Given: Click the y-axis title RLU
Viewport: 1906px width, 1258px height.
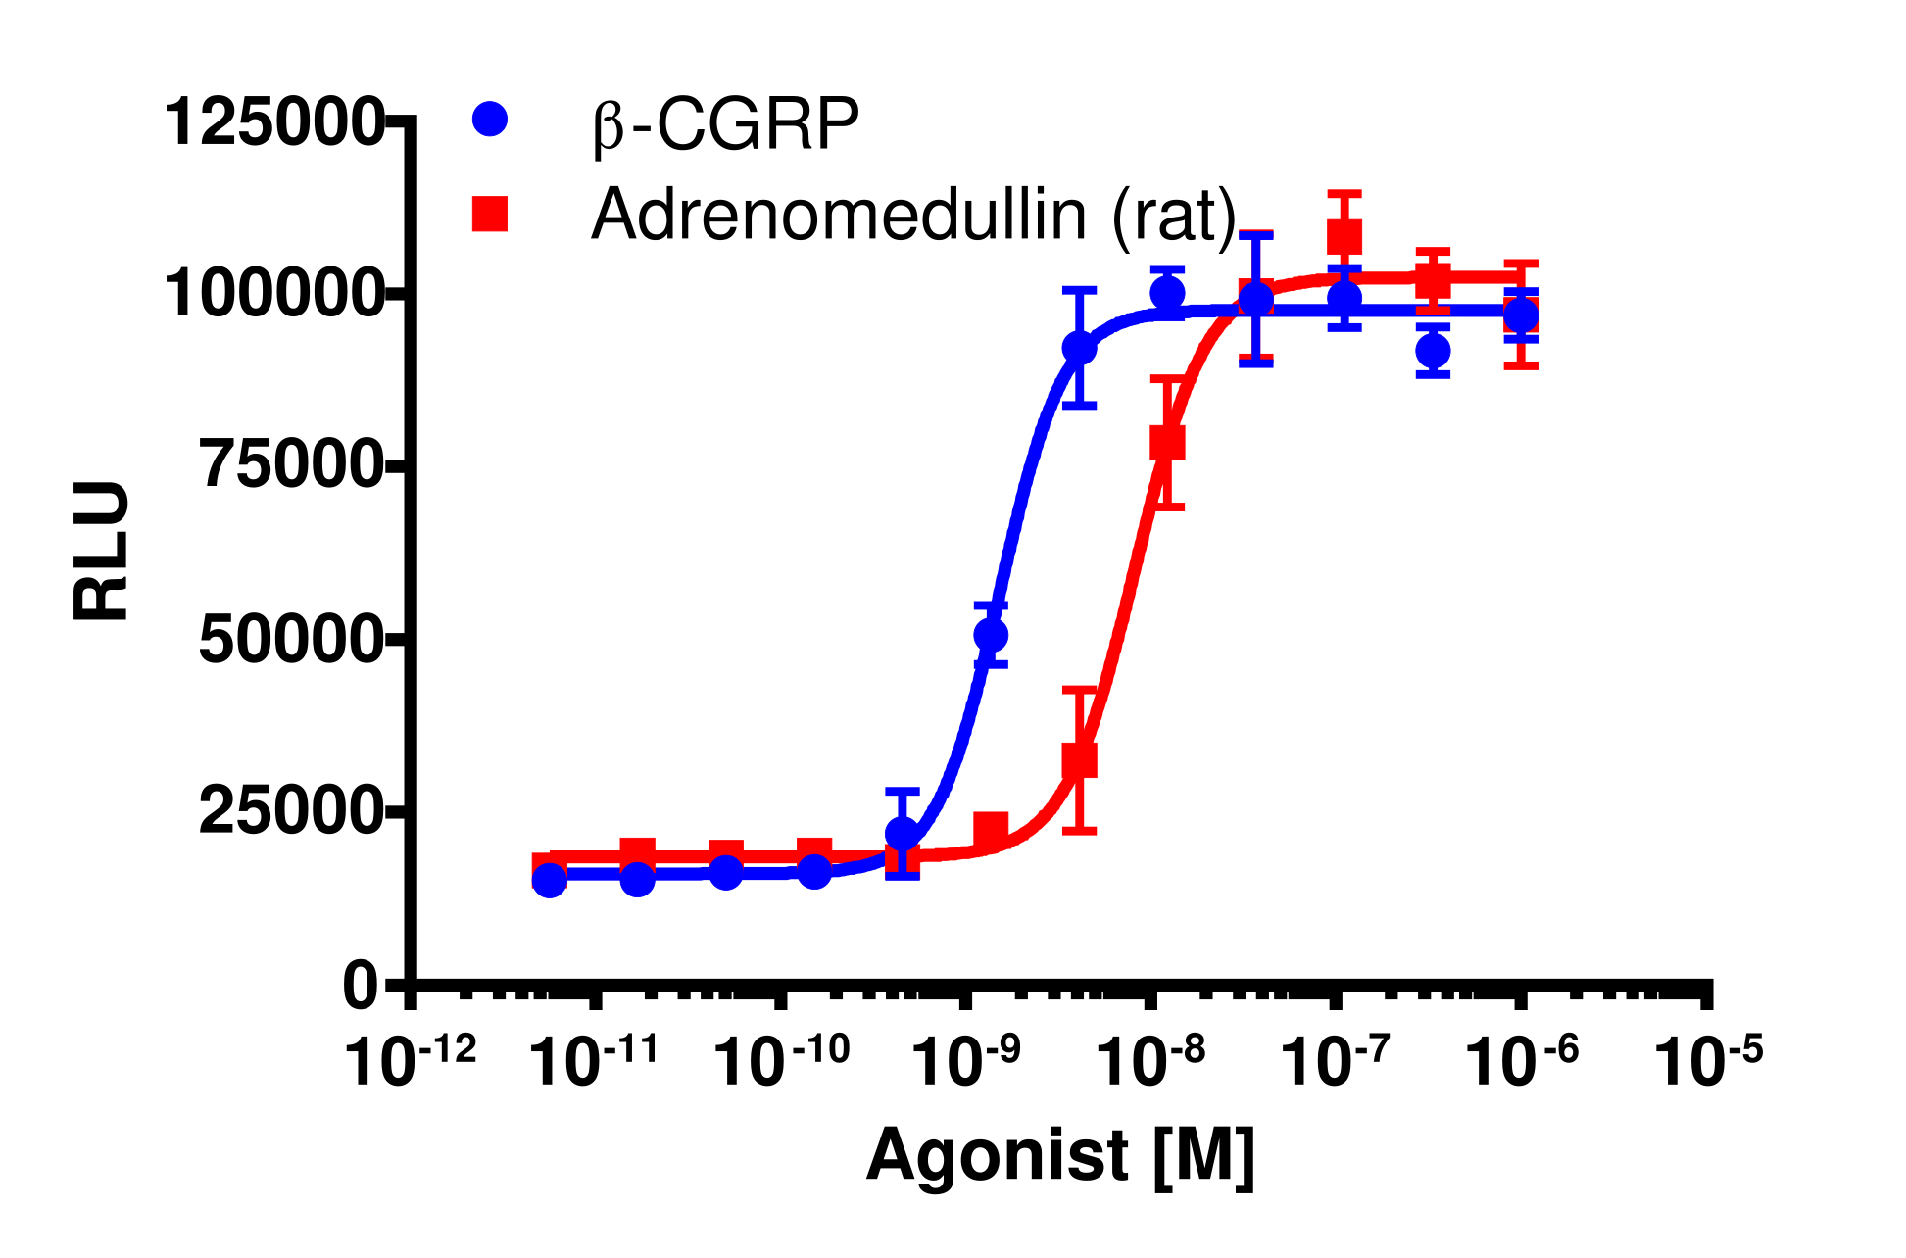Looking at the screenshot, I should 101,551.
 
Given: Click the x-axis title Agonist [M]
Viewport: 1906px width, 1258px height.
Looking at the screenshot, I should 1060,1157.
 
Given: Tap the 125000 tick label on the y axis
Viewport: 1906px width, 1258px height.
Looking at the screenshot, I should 273,123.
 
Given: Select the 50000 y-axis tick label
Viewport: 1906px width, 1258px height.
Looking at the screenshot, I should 290,640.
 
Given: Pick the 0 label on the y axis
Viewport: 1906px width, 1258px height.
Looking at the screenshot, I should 361,986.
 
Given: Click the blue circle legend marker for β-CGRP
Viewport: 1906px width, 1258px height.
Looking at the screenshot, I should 490,120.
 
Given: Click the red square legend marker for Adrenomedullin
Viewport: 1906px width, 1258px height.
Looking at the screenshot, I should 490,213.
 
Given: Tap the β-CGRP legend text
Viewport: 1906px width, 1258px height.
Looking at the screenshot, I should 725,125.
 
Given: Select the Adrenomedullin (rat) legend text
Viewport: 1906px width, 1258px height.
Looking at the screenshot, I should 913,215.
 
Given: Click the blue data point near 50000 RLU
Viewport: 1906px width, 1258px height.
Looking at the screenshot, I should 991,636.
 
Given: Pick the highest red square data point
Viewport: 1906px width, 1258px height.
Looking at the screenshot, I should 1344,236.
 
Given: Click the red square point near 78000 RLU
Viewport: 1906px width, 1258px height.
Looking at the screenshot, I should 1167,442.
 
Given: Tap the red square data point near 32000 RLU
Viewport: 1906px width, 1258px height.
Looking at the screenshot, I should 1079,760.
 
